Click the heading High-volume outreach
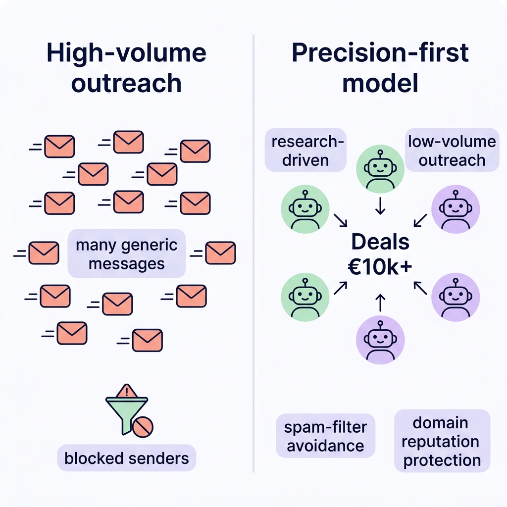pyautogui.click(x=126, y=68)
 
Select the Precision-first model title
pyautogui.click(x=380, y=68)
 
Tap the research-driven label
pyautogui.click(x=305, y=151)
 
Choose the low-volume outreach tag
pyautogui.click(x=452, y=151)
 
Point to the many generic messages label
pyautogui.click(x=127, y=253)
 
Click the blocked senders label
pyautogui.click(x=127, y=458)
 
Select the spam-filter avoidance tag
pyautogui.click(x=325, y=436)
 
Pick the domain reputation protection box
pyautogui.click(x=442, y=441)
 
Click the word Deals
pyautogui.click(x=380, y=242)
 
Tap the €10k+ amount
pyautogui.click(x=380, y=266)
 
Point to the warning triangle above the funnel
pyautogui.click(x=128, y=391)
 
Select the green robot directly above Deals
pyautogui.click(x=380, y=169)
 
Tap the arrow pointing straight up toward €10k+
pyautogui.click(x=380, y=302)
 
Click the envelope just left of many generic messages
pyautogui.click(x=44, y=253)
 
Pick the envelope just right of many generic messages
pyautogui.click(x=220, y=253)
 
